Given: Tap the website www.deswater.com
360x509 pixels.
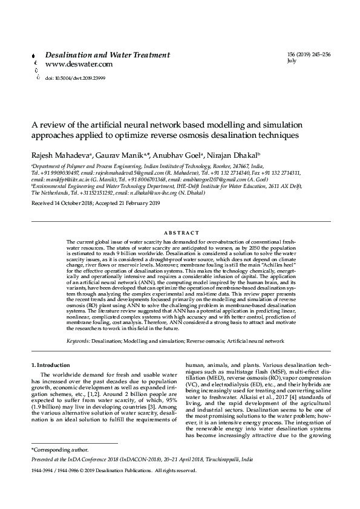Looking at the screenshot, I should (79, 63).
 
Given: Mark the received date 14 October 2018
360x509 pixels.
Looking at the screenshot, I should (75, 204).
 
